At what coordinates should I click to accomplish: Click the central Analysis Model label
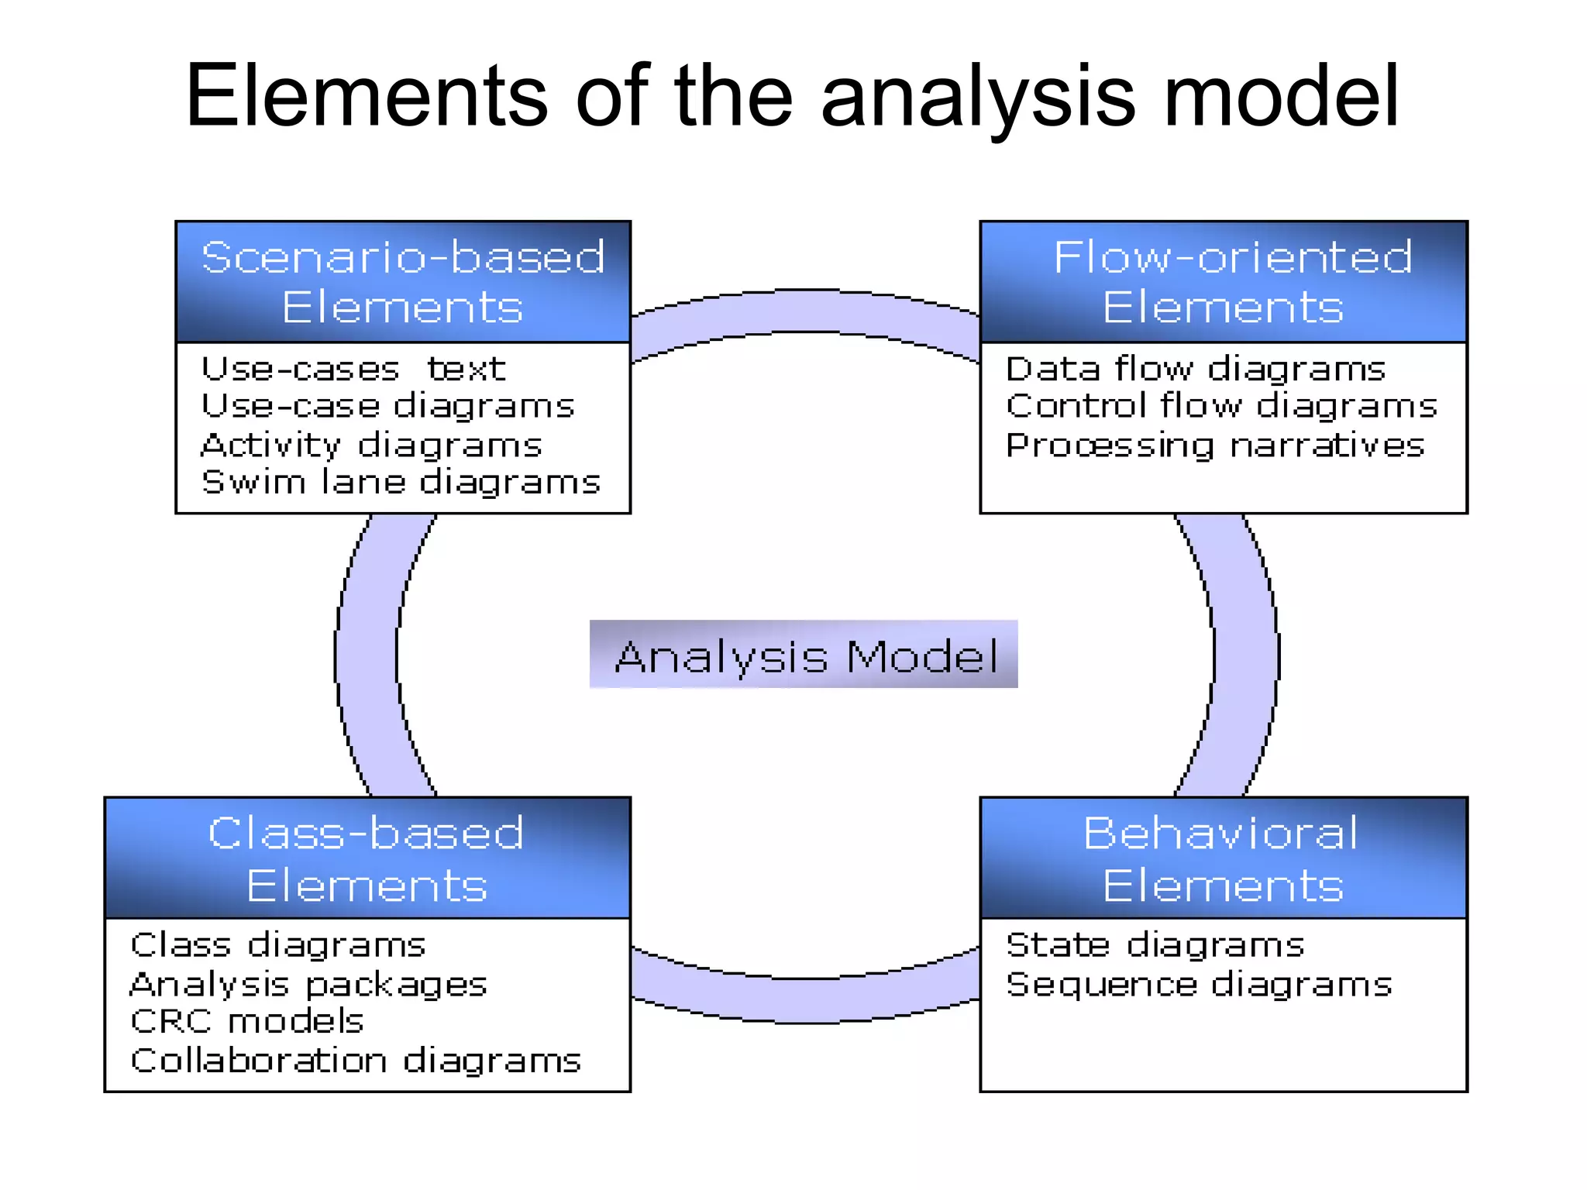(804, 655)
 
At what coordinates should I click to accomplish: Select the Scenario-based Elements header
(403, 282)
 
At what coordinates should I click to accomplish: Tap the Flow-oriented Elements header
(1224, 282)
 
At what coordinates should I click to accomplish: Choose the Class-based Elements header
(367, 858)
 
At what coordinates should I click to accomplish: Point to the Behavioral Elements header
(1224, 858)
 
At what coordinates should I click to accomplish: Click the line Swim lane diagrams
(401, 482)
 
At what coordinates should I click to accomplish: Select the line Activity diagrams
(371, 445)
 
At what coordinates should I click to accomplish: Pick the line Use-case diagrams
(387, 406)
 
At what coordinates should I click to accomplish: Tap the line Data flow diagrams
(1195, 369)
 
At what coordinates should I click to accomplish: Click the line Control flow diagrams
(1221, 406)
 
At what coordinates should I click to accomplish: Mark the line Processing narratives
(1215, 445)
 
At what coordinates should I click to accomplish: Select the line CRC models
(246, 1021)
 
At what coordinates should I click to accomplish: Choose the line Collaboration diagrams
(356, 1060)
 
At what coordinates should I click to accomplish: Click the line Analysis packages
(308, 984)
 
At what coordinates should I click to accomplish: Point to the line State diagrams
(1155, 945)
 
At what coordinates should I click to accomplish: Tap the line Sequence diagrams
(1199, 984)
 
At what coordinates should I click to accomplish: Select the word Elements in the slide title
(367, 97)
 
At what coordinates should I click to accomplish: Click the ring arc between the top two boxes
(806, 311)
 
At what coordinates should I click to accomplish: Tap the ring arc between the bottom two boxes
(806, 1001)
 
